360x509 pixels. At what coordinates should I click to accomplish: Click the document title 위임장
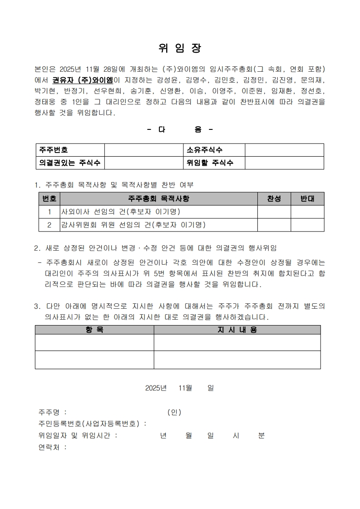click(x=180, y=48)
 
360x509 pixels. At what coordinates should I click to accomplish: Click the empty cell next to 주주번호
click(x=143, y=150)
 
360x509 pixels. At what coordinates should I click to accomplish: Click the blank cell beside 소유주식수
click(x=284, y=150)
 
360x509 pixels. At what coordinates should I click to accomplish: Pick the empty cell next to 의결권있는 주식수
click(x=143, y=163)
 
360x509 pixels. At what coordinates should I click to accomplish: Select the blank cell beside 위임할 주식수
click(x=284, y=163)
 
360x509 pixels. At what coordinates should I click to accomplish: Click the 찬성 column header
click(x=274, y=199)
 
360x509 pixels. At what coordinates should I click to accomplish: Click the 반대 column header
click(x=307, y=199)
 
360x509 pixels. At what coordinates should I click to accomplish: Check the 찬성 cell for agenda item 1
click(x=274, y=212)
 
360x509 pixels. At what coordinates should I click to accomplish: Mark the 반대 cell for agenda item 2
click(x=307, y=225)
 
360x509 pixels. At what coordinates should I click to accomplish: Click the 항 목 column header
click(x=94, y=330)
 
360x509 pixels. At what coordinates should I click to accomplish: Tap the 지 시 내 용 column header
click(x=237, y=330)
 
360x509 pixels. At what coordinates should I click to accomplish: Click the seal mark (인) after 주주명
click(x=174, y=412)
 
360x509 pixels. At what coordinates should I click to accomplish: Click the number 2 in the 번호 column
click(x=49, y=225)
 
